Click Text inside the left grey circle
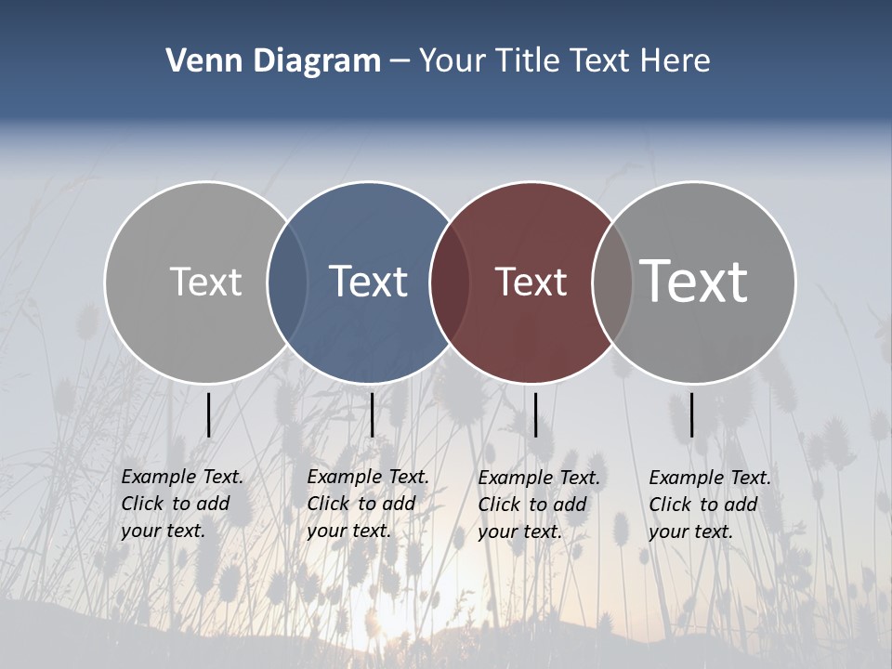pyautogui.click(x=205, y=282)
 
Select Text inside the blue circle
pyautogui.click(x=368, y=282)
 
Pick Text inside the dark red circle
pyautogui.click(x=531, y=282)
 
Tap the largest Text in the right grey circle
pyautogui.click(x=694, y=281)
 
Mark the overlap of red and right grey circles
pyautogui.click(x=612, y=282)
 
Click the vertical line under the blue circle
pyautogui.click(x=372, y=414)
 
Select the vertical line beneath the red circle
pyautogui.click(x=535, y=414)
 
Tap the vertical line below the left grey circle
pyautogui.click(x=209, y=414)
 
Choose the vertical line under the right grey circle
pyautogui.click(x=692, y=414)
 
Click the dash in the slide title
pyautogui.click(x=400, y=61)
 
